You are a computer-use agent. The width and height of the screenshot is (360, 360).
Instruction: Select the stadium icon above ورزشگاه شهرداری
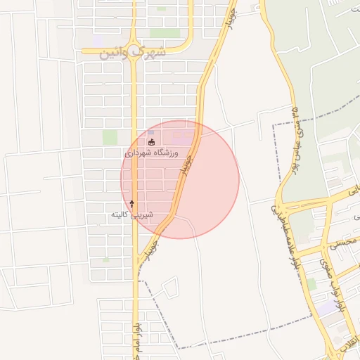coord(151,143)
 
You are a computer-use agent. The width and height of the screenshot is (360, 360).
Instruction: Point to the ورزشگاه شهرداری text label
coord(152,153)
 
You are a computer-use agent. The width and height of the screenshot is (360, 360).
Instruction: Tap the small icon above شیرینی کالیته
coord(131,203)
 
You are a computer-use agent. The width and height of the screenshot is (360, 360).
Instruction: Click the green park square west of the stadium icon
coord(110,138)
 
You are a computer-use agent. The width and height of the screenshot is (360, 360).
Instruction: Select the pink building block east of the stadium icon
coord(184,137)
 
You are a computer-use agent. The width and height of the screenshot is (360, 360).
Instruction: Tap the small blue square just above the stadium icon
coord(150,133)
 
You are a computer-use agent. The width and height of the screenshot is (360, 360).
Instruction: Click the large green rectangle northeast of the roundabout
coord(165,33)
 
